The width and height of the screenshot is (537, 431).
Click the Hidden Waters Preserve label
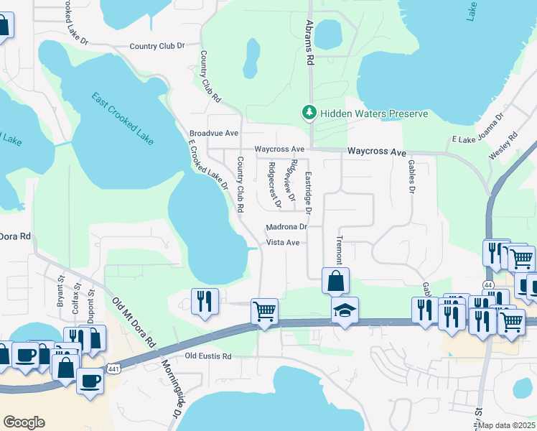(x=374, y=113)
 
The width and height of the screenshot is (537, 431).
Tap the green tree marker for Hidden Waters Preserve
(x=309, y=113)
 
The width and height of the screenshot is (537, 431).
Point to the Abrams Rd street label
(x=310, y=42)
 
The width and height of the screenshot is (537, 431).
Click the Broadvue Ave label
(x=214, y=134)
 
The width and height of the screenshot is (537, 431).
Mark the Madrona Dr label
(x=286, y=227)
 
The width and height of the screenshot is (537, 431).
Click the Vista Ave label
(x=283, y=243)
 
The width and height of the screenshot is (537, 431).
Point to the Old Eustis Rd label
(x=208, y=356)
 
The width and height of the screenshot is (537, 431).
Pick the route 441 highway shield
(x=114, y=369)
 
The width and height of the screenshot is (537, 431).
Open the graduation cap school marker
(x=345, y=312)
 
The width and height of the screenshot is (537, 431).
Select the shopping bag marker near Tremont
(x=335, y=281)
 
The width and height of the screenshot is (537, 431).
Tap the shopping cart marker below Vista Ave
(x=264, y=312)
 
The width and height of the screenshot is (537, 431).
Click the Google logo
(x=24, y=422)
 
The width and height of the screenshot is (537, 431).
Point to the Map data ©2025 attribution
(x=507, y=425)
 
